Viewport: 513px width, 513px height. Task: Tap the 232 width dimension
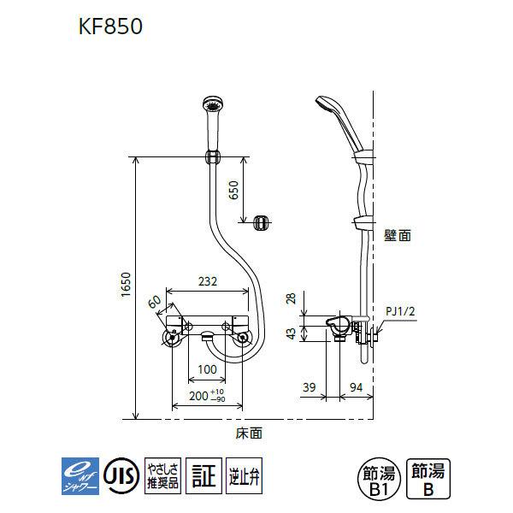click(x=208, y=280)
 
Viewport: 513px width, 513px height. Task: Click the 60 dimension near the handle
click(x=155, y=302)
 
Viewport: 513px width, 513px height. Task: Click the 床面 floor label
click(x=248, y=433)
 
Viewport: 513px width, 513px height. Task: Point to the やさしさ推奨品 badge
click(x=162, y=474)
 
